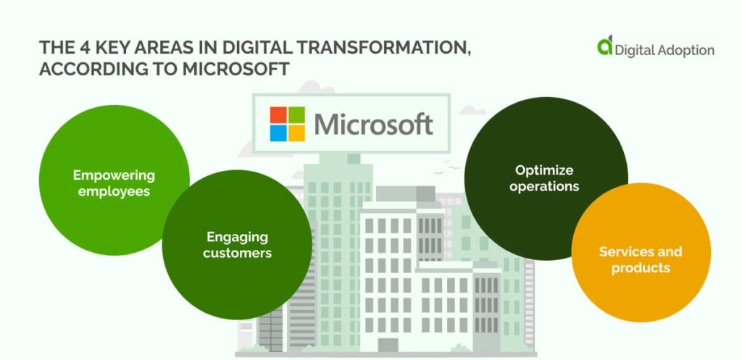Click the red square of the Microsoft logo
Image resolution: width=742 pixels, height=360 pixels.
(278, 116)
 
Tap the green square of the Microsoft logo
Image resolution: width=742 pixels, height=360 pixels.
(296, 116)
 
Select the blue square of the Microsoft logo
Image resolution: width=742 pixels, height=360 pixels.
(278, 133)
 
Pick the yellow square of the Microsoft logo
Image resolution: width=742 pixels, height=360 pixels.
(296, 133)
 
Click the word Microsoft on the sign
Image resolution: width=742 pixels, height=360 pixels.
(373, 125)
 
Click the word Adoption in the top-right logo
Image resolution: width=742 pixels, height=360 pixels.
(685, 50)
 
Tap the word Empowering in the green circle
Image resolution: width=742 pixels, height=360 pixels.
(114, 175)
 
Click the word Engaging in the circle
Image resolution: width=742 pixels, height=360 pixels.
(237, 237)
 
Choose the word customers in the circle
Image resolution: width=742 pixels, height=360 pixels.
(237, 253)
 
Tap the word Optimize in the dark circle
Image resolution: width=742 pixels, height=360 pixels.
(544, 170)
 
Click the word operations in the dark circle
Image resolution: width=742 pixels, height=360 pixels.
(544, 186)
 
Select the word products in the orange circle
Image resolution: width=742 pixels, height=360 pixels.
(641, 268)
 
